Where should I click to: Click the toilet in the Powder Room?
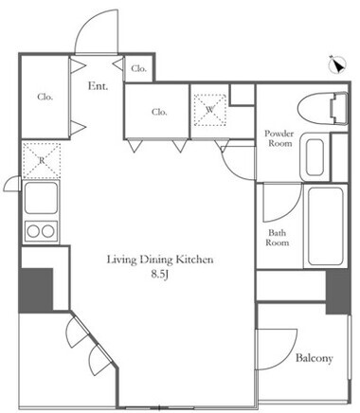coord(323,109)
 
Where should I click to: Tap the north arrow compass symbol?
coord(337,64)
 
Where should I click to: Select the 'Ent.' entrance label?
coord(98,86)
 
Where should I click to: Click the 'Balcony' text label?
coord(315,358)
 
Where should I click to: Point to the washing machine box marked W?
coord(209,110)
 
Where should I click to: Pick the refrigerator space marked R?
coord(42,160)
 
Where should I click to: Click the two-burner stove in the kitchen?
coord(42,231)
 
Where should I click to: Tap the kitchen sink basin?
coord(41,198)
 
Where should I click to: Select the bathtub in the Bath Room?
coord(326,226)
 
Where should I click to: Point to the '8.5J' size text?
coord(160,274)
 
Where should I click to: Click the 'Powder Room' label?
coord(279,138)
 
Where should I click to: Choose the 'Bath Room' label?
coord(278,238)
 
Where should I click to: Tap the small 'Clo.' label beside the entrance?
coord(139,68)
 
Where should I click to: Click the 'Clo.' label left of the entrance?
coord(45,97)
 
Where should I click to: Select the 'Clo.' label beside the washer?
coord(159,112)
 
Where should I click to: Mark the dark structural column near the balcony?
coord(338,292)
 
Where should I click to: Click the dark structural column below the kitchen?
coord(36,291)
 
